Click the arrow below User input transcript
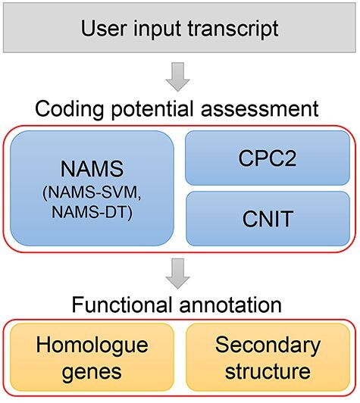pos(180,76)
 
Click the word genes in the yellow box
pos(92,372)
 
